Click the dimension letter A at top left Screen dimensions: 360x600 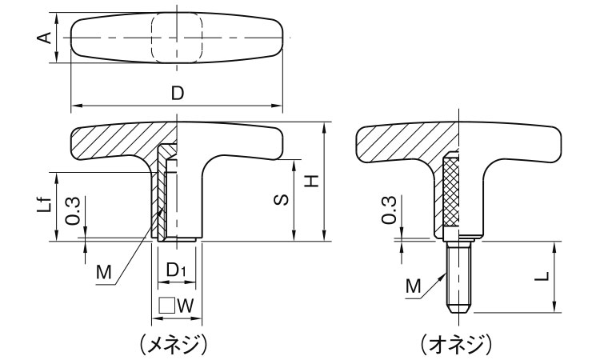point(46,38)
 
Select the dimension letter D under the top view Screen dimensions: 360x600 point(178,94)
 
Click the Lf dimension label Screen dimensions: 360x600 point(47,205)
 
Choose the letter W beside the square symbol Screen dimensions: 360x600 point(186,305)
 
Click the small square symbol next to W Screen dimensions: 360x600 point(166,305)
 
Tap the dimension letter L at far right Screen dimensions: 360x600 point(542,276)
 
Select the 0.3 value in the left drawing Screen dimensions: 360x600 point(71,212)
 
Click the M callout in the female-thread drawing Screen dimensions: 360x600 point(103,273)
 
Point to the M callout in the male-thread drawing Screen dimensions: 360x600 point(414,284)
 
